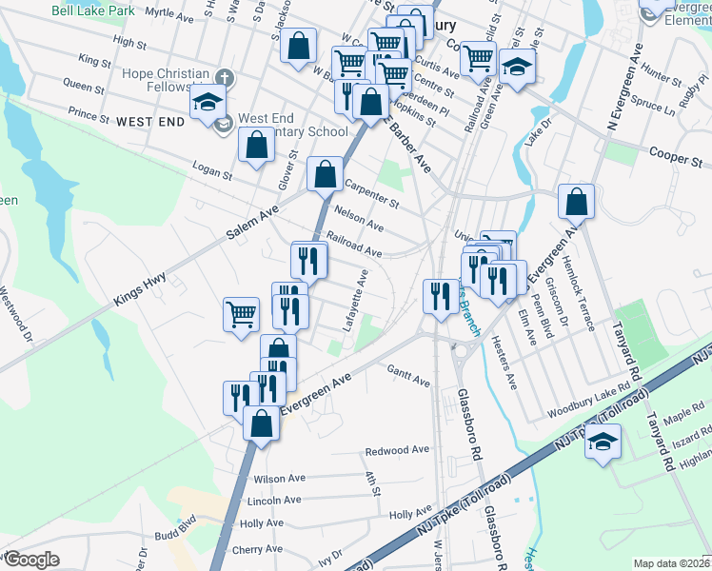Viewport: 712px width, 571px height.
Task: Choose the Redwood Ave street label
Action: coord(398,450)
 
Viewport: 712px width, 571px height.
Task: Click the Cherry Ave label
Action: coord(259,550)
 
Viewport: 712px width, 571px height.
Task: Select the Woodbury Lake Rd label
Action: coord(590,407)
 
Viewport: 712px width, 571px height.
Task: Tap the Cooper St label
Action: coord(681,155)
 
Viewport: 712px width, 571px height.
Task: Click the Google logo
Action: coord(30,560)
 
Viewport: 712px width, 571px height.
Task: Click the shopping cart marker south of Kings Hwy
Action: coord(242,315)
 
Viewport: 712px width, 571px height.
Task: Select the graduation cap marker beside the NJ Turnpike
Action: coord(603,443)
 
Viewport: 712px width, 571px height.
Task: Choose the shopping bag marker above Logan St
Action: coord(256,148)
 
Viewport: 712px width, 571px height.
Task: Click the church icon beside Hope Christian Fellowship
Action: coord(225,77)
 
